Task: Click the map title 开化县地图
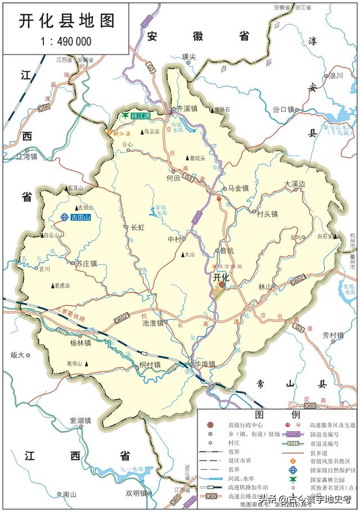pyautogui.click(x=66, y=21)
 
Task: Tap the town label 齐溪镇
pyautogui.click(x=187, y=108)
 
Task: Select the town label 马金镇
pyautogui.click(x=237, y=188)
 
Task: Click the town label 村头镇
pyautogui.click(x=267, y=214)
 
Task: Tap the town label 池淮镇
pyautogui.click(x=152, y=323)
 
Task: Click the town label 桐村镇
pyautogui.click(x=150, y=365)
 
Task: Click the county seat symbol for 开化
pyautogui.click(x=222, y=286)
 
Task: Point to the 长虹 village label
pyautogui.click(x=138, y=227)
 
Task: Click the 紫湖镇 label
pyautogui.click(x=80, y=420)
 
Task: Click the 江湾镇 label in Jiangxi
pyautogui.click(x=26, y=156)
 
